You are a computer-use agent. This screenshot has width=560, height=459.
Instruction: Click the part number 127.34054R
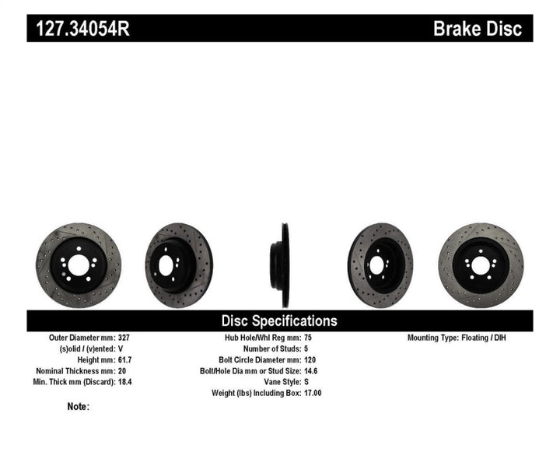85,29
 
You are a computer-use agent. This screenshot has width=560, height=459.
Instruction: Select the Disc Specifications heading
279,321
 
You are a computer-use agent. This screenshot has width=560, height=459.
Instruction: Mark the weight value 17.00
312,393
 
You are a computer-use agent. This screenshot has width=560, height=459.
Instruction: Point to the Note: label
79,406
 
